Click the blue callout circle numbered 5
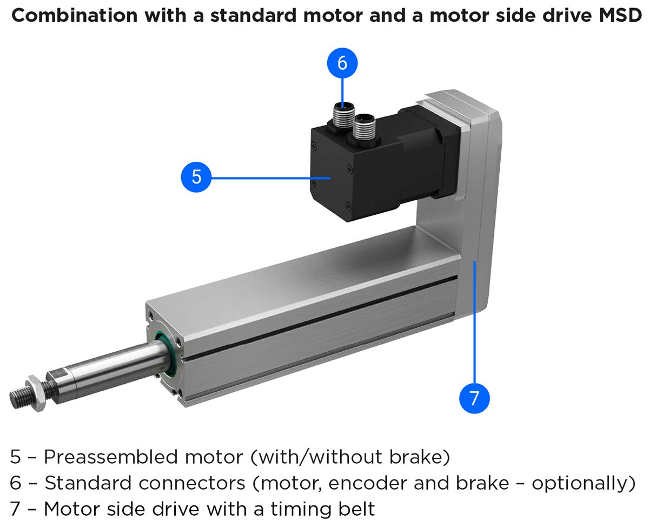(196, 177)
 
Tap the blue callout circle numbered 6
(342, 63)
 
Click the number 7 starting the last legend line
(15, 509)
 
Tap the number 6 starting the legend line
(16, 483)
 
